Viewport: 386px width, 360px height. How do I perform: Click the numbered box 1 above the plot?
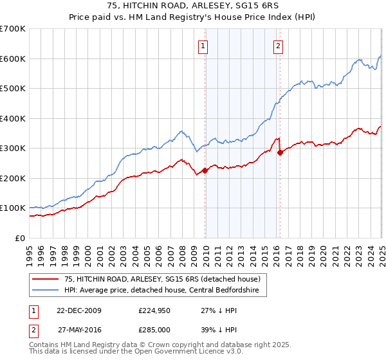pyautogui.click(x=203, y=46)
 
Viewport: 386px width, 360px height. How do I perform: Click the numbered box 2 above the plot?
pyautogui.click(x=278, y=46)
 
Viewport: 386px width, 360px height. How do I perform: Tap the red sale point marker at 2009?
pyautogui.click(x=205, y=170)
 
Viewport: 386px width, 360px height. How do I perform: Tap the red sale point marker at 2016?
pyautogui.click(x=280, y=152)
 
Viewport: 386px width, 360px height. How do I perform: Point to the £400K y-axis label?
pyautogui.click(x=13, y=118)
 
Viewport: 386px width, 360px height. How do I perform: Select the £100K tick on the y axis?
pyautogui.click(x=13, y=208)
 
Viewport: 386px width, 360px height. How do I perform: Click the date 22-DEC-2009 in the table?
pyautogui.click(x=78, y=310)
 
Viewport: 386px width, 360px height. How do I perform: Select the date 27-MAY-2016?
pyautogui.click(x=78, y=330)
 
